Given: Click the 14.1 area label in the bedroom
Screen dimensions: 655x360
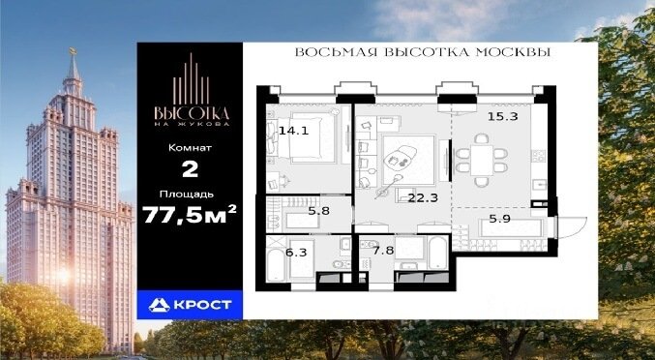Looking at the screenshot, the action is [293, 131].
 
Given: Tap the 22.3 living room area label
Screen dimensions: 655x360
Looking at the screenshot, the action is [423, 198].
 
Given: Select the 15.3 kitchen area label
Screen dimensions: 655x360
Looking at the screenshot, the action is [502, 117].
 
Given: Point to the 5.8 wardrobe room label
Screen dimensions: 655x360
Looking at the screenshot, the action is [318, 211].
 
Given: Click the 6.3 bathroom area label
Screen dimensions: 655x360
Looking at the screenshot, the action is [296, 252].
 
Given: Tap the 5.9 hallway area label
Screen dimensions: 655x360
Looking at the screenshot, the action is [499, 219].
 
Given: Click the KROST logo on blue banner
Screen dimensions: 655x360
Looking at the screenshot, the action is [190, 305].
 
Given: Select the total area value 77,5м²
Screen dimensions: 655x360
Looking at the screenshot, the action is [190, 214].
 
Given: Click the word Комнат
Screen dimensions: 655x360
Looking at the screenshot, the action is [190, 148].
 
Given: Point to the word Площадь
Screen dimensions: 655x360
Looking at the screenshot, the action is [187, 195].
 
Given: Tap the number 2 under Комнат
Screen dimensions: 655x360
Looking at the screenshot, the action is [190, 170].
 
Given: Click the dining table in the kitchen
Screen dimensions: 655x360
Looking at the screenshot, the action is [482, 161].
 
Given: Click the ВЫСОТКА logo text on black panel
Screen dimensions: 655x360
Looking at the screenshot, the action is [192, 113].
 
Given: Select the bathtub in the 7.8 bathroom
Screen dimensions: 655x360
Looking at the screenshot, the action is [437, 253].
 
